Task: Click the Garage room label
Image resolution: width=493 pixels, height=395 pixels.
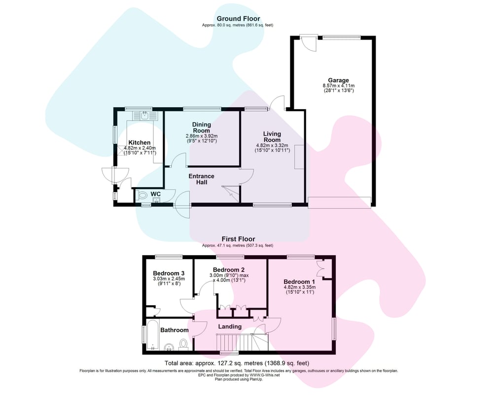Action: (338, 80)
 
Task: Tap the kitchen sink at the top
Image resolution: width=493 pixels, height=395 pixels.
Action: (144, 116)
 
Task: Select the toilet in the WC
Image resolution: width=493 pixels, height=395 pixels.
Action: (142, 196)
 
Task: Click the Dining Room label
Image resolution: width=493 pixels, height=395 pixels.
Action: (201, 127)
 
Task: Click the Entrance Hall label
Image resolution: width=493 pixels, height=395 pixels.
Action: (201, 179)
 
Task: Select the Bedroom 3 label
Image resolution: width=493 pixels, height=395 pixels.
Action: (169, 274)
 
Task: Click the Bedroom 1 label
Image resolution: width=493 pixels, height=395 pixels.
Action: (299, 282)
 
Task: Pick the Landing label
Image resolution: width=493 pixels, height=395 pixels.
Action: (230, 327)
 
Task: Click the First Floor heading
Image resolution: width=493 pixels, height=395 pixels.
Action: (238, 239)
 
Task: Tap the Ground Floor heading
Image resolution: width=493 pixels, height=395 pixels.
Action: (238, 19)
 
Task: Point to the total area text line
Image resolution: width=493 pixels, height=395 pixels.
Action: (237, 363)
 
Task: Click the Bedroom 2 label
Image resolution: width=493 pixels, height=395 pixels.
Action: (229, 270)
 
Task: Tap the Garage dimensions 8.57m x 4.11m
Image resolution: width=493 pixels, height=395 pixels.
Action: (339, 86)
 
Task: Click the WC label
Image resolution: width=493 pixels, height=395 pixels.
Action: (156, 194)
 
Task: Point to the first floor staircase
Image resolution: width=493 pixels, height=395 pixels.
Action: (243, 342)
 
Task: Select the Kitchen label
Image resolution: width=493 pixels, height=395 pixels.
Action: (140, 143)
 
